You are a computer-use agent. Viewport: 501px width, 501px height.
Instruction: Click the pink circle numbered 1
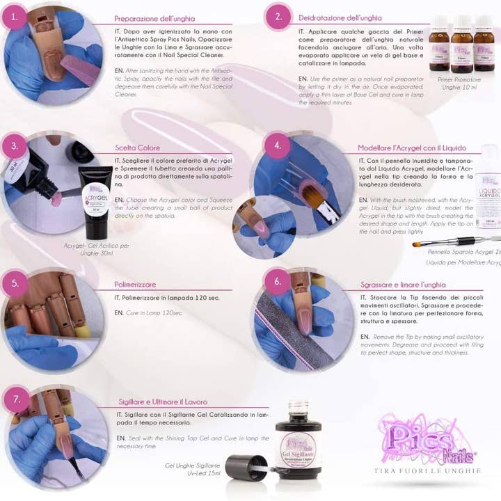tap(13, 19)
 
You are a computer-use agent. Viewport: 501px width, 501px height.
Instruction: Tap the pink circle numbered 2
tap(278, 17)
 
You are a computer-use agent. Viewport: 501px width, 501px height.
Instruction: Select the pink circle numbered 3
tap(13, 147)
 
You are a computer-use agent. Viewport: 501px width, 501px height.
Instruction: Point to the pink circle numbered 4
tap(278, 146)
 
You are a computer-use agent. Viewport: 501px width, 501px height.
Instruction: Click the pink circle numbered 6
tap(278, 281)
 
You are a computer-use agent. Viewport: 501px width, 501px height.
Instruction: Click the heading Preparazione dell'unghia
tap(154, 18)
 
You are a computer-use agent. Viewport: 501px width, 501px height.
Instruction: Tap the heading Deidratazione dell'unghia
tap(340, 16)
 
